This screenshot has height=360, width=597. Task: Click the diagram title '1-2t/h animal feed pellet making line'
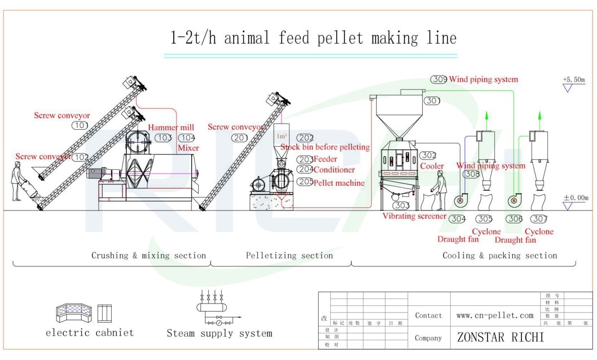pos(313,38)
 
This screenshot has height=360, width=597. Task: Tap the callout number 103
pos(164,138)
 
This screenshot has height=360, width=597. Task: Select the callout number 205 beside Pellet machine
pos(305,182)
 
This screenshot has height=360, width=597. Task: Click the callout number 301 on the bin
pos(432,100)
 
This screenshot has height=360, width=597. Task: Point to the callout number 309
pos(439,80)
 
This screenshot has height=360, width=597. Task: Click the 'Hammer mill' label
pos(171,128)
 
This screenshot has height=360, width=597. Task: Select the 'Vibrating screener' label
pos(415,216)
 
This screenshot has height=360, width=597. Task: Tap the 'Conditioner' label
pos(334,169)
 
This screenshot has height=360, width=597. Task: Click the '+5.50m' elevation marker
pos(574,80)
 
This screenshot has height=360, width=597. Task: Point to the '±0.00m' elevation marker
pos(576,198)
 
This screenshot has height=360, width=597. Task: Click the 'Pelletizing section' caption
pos(289,256)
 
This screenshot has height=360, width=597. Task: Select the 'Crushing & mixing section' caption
pos(148,256)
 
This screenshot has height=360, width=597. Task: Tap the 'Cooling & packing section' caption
pos(499,256)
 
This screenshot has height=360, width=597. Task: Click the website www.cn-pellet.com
pos(495,315)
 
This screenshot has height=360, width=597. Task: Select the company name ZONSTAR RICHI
pos(501,337)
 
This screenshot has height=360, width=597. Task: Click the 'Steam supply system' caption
pos(220,333)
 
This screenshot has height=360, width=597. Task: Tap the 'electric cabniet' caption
pos(90,332)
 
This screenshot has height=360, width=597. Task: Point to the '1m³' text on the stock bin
pos(281,137)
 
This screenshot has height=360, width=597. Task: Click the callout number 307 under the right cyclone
pos(539,219)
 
